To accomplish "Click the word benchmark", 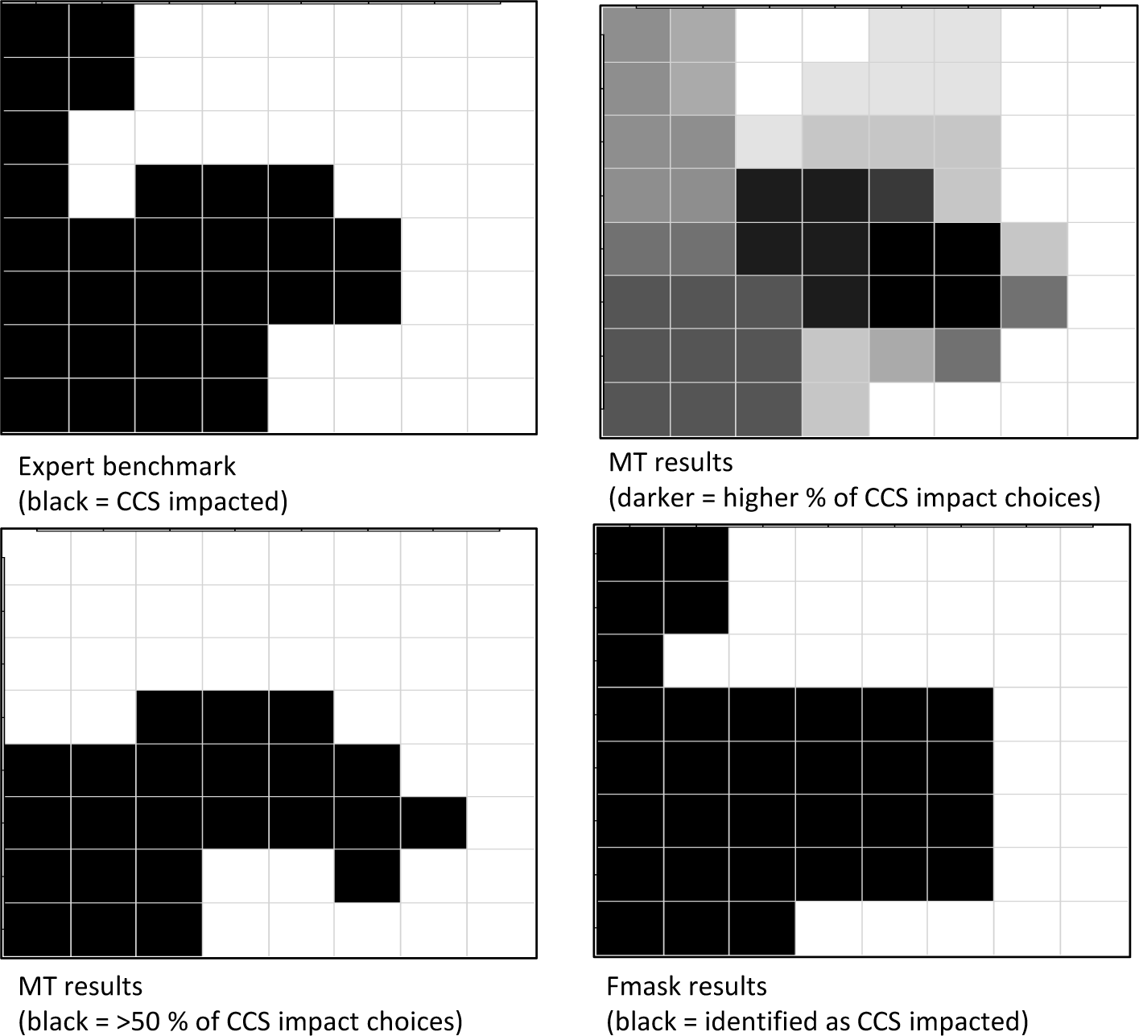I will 169,467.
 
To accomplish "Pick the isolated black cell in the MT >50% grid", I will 367,876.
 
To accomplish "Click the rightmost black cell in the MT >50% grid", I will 433,823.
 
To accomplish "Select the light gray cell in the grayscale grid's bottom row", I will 835,410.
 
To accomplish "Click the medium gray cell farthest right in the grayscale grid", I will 1034,302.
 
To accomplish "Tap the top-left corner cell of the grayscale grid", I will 636,35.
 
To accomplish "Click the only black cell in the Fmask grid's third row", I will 629,661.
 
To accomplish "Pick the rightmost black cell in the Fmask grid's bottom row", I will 762,928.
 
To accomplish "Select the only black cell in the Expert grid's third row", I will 35,138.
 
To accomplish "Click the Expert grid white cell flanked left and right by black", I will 101,191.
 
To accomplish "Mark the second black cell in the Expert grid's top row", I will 101,31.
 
